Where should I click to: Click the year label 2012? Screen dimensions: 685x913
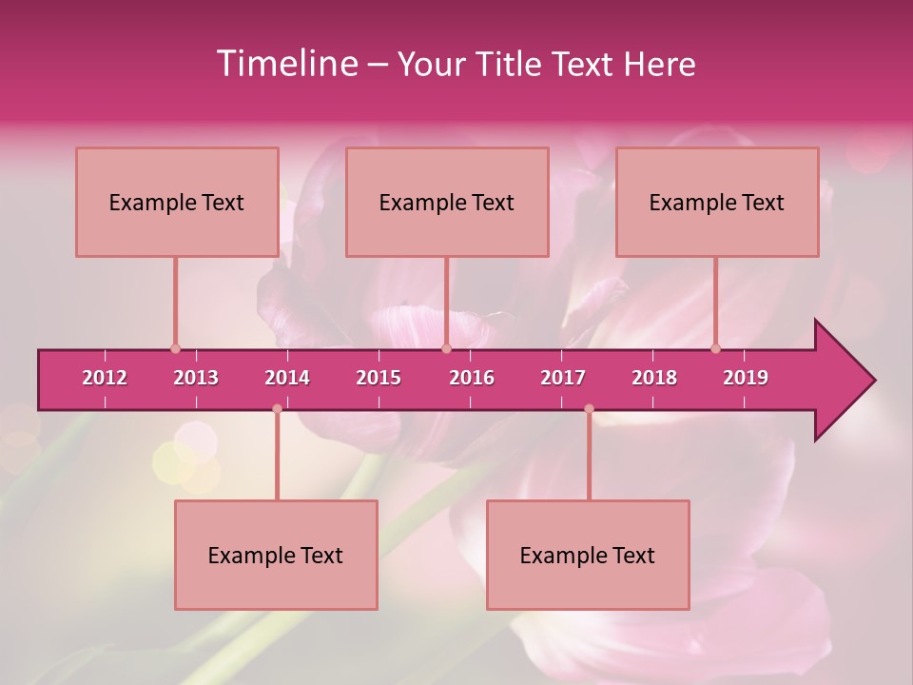coord(105,378)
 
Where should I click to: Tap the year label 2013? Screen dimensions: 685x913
coord(196,378)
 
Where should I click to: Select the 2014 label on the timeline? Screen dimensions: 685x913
coord(287,378)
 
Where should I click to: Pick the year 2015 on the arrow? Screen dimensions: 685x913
coord(379,378)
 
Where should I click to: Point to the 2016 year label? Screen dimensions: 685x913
coord(472,378)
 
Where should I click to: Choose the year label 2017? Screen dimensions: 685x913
coord(563,378)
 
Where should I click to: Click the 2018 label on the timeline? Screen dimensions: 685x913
coord(654,378)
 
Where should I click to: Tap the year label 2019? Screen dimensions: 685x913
coord(746,378)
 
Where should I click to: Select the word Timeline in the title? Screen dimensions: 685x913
coord(285,64)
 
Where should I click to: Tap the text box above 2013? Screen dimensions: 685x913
coord(177,202)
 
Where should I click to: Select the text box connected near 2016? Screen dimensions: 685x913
coord(447,202)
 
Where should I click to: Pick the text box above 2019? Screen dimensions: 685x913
coord(717,202)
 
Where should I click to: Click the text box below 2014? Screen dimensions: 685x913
coord(276,555)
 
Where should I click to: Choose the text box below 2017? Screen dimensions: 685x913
coord(588,555)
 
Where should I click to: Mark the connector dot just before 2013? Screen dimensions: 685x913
coord(175,348)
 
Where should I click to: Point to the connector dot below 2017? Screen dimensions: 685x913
coord(589,409)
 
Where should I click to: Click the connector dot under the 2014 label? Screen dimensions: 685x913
coord(277,409)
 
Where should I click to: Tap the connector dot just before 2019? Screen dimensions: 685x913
coord(716,348)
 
